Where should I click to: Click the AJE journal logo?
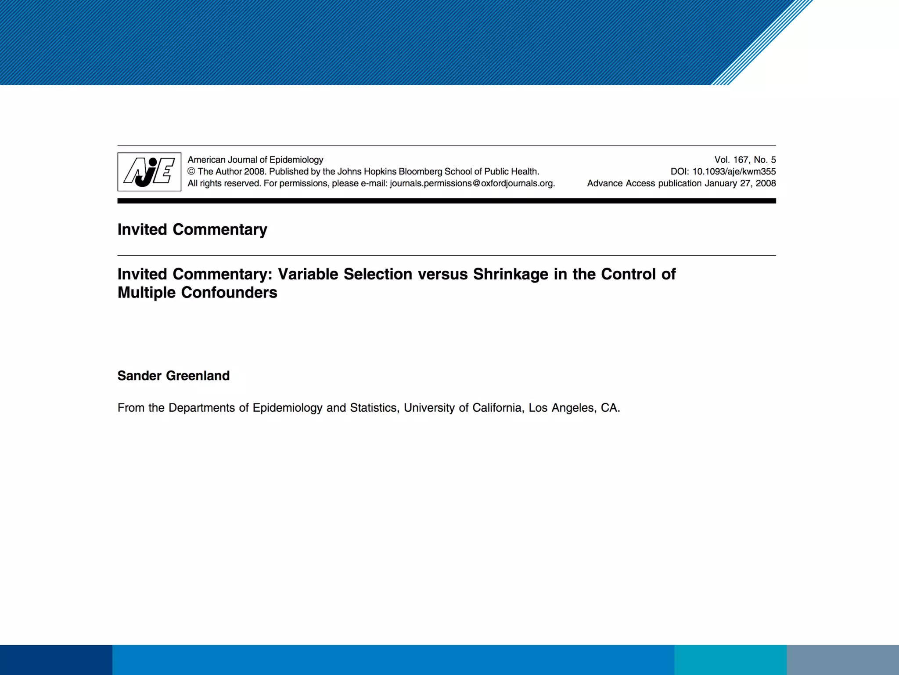click(x=149, y=172)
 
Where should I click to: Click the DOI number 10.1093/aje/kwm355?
click(x=734, y=172)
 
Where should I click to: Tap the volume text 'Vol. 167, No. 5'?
click(x=745, y=160)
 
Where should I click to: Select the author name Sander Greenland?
click(x=173, y=376)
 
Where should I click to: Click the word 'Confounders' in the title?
click(x=229, y=293)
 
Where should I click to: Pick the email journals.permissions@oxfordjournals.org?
click(x=472, y=184)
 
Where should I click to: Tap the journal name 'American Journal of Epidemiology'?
click(x=255, y=160)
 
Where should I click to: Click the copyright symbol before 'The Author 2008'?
click(x=191, y=172)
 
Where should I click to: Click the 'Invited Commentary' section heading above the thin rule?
click(x=192, y=229)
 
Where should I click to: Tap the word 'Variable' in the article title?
click(x=308, y=274)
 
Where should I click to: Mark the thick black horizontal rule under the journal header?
click(x=446, y=201)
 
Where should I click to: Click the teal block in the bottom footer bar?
click(x=730, y=660)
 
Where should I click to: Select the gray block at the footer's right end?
click(x=842, y=660)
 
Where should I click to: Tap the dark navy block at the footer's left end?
click(x=56, y=660)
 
